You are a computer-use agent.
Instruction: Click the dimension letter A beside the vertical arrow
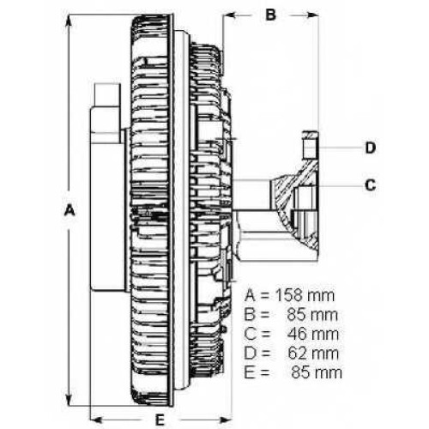(69, 210)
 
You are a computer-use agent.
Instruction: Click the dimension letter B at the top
(270, 15)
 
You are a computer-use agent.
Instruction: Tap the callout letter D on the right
(371, 148)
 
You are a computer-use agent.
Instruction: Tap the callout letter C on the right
(371, 185)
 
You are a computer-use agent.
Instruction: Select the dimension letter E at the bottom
(160, 420)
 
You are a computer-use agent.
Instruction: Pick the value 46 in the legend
(299, 334)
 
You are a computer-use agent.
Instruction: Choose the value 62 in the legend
(299, 353)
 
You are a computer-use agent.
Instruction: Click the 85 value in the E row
(301, 372)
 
